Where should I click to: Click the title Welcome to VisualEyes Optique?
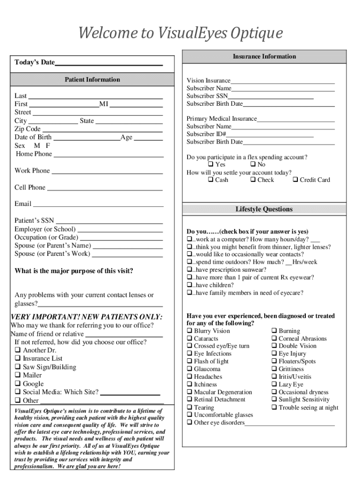point(180,34)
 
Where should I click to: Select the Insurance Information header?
point(264,57)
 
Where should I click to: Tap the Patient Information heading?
point(92,80)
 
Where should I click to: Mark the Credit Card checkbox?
point(295,180)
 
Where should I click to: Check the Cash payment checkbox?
point(210,180)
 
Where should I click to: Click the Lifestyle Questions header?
point(264,209)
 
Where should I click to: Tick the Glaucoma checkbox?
point(189,370)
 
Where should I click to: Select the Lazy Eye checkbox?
point(274,385)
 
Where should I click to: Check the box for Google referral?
point(18,384)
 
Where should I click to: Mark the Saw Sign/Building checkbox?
point(18,367)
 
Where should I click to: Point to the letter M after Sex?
point(37,145)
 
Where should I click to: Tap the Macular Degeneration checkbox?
point(189,392)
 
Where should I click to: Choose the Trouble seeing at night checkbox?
point(274,408)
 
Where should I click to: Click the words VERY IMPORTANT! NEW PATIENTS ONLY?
point(86,317)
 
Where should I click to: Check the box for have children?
point(189,285)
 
